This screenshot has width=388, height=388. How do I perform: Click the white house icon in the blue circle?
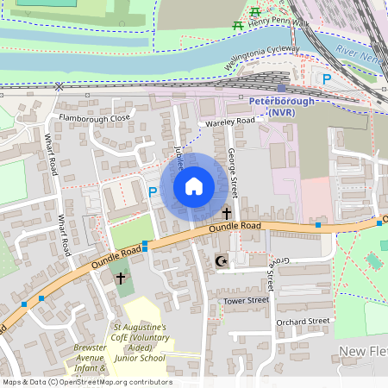pos(194,186)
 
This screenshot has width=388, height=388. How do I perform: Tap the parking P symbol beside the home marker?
pos(153,192)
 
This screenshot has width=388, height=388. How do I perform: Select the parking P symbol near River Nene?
pos(326,78)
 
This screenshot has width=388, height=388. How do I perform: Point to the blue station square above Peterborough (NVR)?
pos(281,87)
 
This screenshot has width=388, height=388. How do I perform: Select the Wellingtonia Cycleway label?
pos(265,58)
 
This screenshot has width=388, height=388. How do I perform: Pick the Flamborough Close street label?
pos(94,117)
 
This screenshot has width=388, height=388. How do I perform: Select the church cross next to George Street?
pos(227,212)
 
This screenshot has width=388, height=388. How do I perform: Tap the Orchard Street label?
pos(304,321)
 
